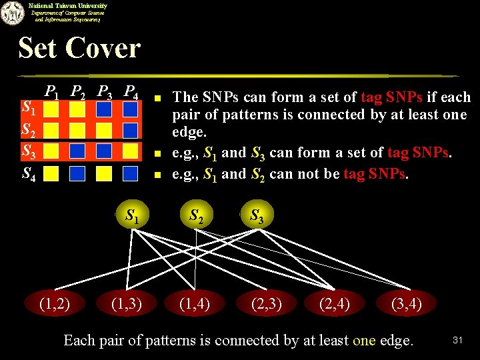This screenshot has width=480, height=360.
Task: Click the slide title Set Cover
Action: click(x=79, y=48)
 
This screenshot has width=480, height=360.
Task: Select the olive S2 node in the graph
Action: click(x=197, y=215)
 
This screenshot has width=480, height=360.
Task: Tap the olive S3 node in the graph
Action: click(x=256, y=215)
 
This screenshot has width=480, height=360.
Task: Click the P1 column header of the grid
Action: click(x=51, y=93)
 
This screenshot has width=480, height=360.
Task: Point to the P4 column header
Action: click(x=131, y=93)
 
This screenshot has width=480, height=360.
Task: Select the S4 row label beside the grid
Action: click(x=29, y=175)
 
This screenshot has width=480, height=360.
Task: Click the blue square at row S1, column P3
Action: click(x=103, y=109)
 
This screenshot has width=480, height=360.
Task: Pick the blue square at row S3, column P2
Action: click(x=77, y=151)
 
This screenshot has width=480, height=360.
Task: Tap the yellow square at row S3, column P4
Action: click(x=130, y=151)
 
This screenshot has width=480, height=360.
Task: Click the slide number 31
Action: click(x=457, y=340)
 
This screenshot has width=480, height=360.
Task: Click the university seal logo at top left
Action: click(x=11, y=13)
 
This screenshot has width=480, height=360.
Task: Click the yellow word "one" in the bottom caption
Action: click(x=364, y=340)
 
